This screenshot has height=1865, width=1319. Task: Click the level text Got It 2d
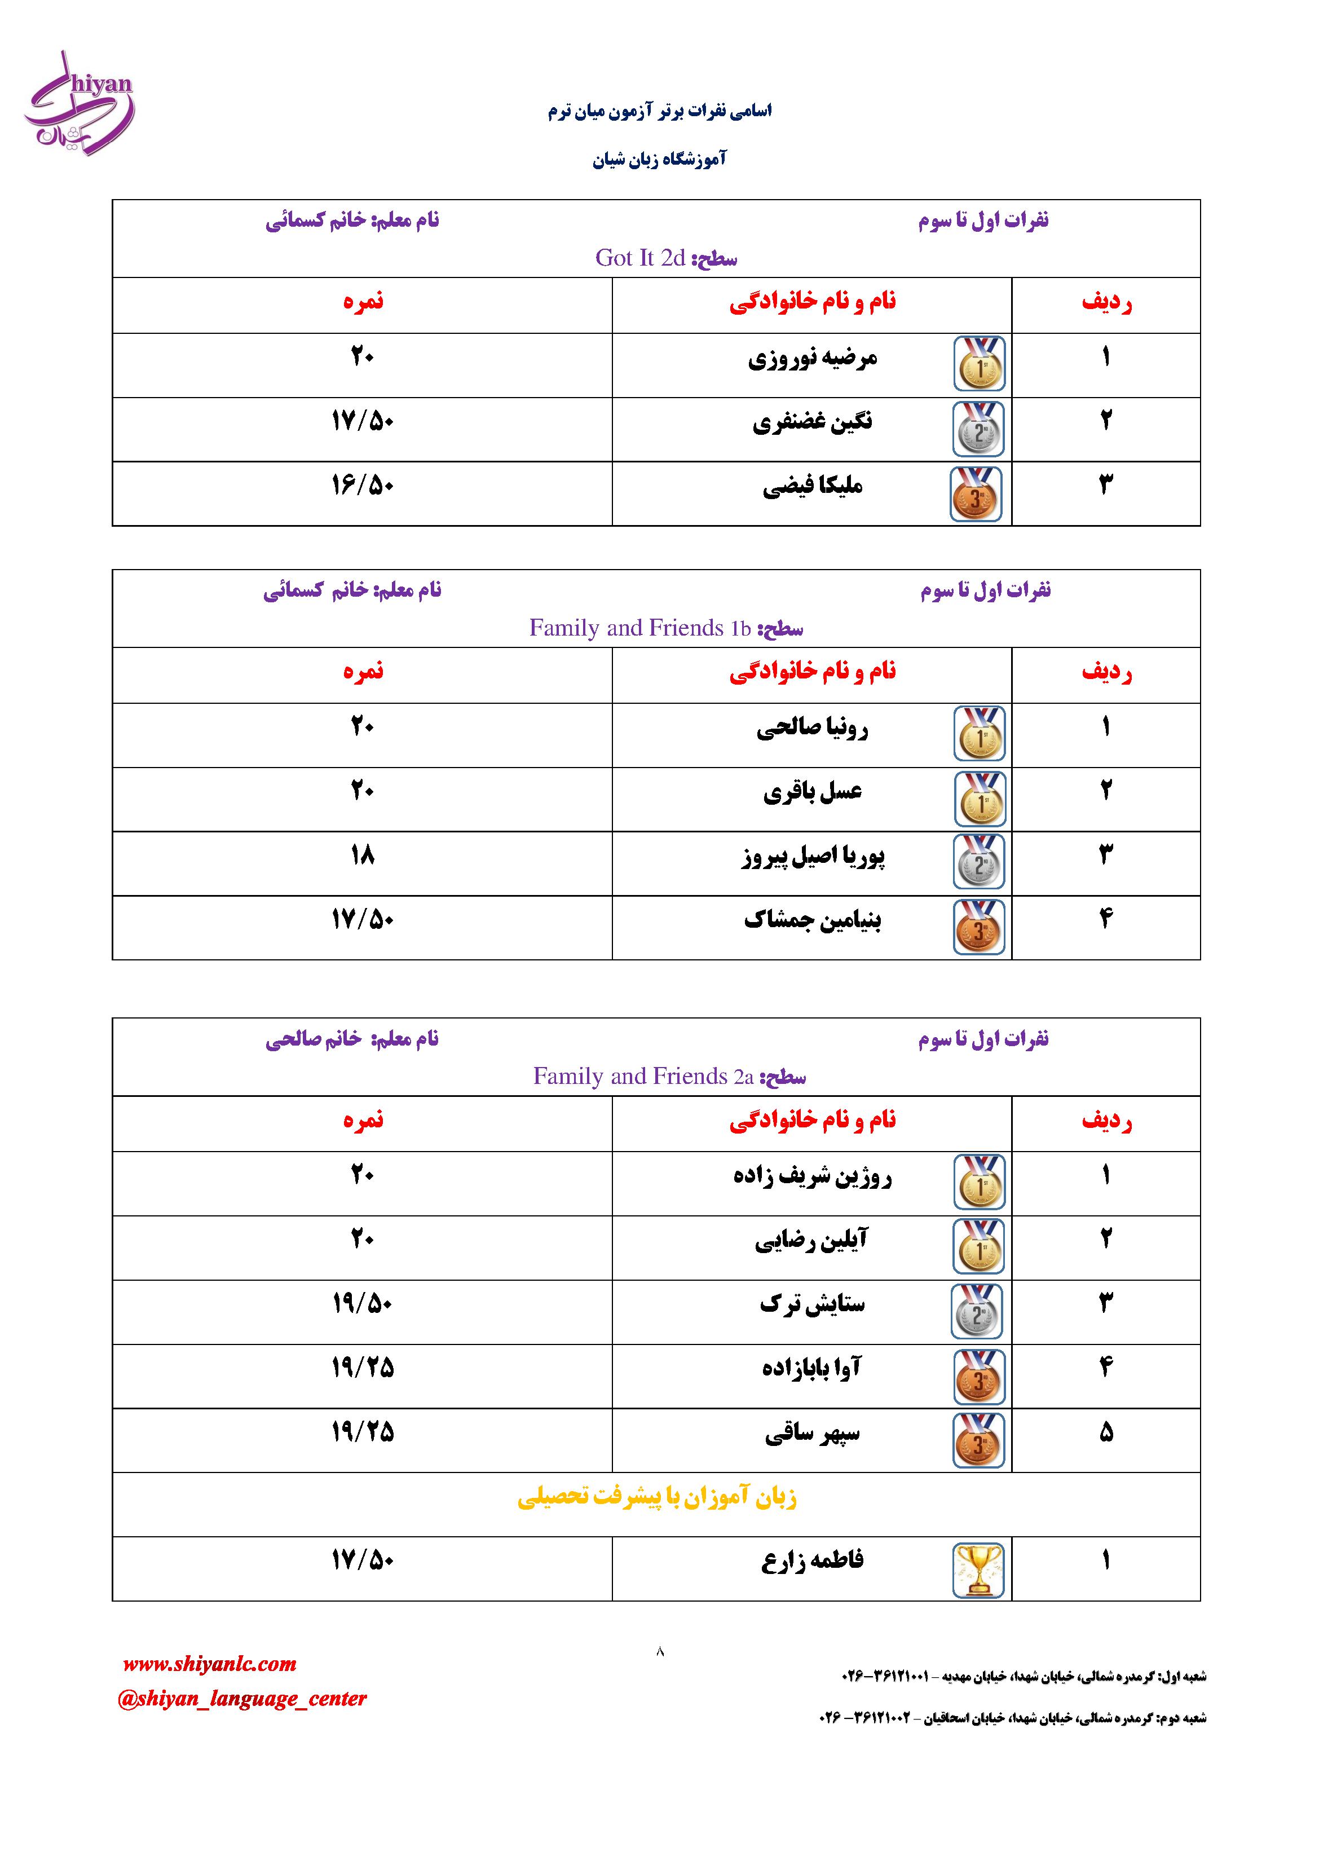641,258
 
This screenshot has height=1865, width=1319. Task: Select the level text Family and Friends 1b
640,628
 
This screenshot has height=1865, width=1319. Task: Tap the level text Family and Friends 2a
644,1076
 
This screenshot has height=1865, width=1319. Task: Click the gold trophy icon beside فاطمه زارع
979,1570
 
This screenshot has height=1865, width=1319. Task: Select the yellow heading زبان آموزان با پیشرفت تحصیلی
656,1497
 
